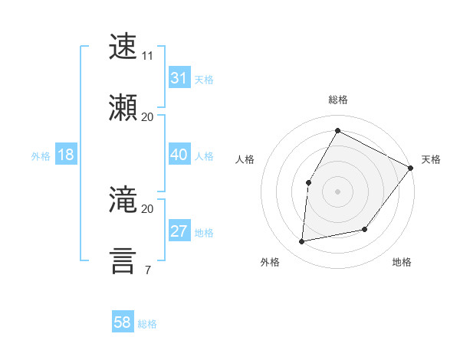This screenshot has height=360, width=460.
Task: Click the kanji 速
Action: pos(123,47)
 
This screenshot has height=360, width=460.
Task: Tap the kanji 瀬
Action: pos(123,106)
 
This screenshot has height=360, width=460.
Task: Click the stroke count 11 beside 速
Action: pos(148,56)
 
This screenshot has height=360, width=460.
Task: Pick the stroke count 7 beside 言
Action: pos(147,270)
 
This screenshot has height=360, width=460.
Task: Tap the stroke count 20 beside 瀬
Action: pos(148,116)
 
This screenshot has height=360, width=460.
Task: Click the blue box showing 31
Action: pos(179,79)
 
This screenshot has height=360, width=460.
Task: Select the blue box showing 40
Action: pos(179,155)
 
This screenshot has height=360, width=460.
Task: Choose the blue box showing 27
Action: pos(179,232)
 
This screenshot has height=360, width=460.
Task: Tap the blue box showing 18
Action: pos(66,155)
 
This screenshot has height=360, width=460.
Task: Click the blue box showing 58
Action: pos(123,322)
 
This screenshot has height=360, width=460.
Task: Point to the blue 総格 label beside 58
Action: pos(147,324)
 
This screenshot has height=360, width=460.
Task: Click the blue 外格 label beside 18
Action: pos(41,156)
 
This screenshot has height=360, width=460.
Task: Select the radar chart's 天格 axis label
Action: pos(431,159)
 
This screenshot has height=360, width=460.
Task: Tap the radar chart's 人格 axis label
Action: pos(245,159)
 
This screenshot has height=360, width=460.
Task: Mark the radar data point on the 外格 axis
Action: pos(302,242)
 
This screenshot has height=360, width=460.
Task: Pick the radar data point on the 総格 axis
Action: pos(337,130)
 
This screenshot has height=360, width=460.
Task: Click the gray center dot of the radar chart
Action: pos(337,191)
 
